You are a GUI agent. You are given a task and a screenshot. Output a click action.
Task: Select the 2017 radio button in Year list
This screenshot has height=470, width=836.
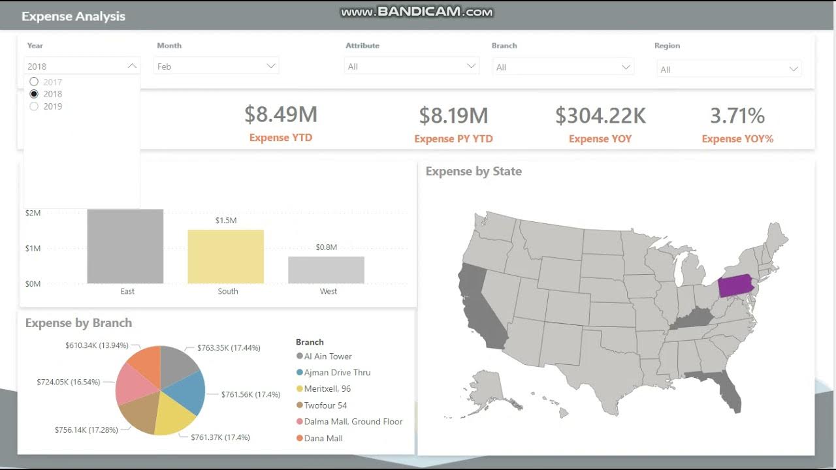coord(35,82)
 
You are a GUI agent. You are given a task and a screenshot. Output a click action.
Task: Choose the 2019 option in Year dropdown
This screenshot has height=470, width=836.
coord(35,106)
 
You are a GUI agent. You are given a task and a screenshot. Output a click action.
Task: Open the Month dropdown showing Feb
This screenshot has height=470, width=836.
coord(216,66)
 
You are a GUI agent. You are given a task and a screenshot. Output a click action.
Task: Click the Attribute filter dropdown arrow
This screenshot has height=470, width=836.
coord(471,66)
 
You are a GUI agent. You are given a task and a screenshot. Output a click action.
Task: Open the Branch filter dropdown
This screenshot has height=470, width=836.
coord(562,67)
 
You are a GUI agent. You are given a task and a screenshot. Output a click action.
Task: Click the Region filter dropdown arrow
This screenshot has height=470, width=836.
coord(794,69)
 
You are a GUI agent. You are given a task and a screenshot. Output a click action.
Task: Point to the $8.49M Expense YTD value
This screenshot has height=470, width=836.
coord(281,115)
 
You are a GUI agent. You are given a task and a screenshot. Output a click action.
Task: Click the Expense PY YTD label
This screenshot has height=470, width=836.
coord(453,139)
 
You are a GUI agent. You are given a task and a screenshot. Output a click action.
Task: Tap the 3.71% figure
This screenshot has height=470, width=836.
coord(737,116)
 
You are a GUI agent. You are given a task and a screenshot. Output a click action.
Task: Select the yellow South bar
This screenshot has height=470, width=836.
coord(226,257)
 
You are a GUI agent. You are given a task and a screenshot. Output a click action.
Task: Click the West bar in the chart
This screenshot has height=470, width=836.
coord(326,270)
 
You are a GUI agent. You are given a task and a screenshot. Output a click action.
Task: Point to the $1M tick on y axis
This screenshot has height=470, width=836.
coord(33,248)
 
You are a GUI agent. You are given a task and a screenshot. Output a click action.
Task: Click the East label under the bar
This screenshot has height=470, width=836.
coord(127,291)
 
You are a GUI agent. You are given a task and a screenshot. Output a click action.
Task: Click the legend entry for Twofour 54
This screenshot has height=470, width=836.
coord(325,405)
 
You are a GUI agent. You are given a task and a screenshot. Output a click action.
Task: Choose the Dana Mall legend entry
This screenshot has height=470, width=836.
coord(323,438)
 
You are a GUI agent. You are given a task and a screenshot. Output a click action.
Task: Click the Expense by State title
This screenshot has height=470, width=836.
coord(474,172)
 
